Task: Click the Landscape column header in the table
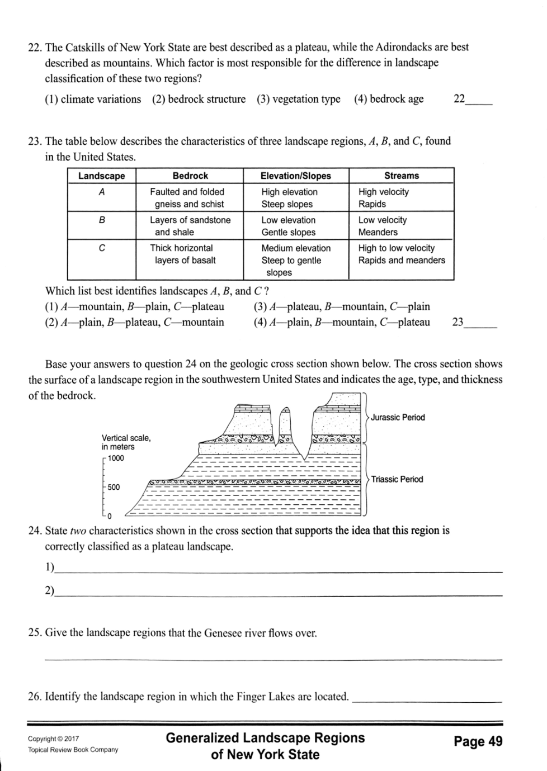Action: [101, 176]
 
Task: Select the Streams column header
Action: [401, 176]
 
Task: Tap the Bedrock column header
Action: [190, 176]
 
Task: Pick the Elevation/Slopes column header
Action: [295, 176]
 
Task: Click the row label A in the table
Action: [101, 192]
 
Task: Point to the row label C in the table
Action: [101, 248]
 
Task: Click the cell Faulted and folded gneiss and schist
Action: [187, 198]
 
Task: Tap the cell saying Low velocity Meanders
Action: [383, 226]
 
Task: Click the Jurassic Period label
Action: [398, 418]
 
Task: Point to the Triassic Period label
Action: [397, 479]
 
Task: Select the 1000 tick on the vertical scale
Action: [116, 458]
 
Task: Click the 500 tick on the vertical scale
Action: [114, 487]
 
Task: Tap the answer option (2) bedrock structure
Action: [199, 100]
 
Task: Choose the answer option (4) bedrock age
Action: [389, 100]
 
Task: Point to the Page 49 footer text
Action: [478, 742]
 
